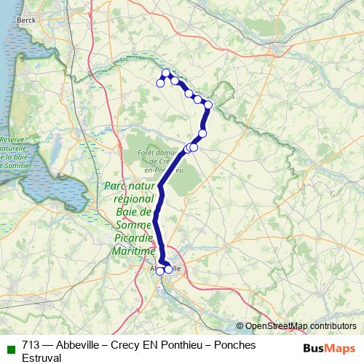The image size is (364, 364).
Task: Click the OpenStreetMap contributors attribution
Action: (301, 326)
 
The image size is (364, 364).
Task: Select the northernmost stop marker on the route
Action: (166, 72)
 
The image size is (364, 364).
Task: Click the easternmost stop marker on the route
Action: (208, 105)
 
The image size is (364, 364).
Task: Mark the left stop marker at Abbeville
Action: (160, 271)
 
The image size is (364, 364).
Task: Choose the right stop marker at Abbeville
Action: (169, 269)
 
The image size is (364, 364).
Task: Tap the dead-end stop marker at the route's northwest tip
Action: (160, 83)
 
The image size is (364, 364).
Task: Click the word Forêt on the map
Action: (148, 152)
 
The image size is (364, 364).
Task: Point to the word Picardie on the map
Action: (135, 238)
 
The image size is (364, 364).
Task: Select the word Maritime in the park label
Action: (135, 251)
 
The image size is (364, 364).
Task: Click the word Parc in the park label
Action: (116, 186)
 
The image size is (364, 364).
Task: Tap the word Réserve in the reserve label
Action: (12, 138)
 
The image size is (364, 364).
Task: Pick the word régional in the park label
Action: (133, 199)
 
